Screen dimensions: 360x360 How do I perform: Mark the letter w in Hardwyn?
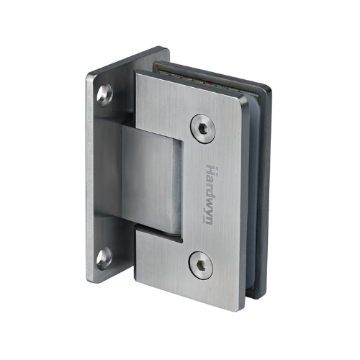coord(208,202)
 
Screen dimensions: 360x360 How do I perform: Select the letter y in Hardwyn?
coord(208,212)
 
